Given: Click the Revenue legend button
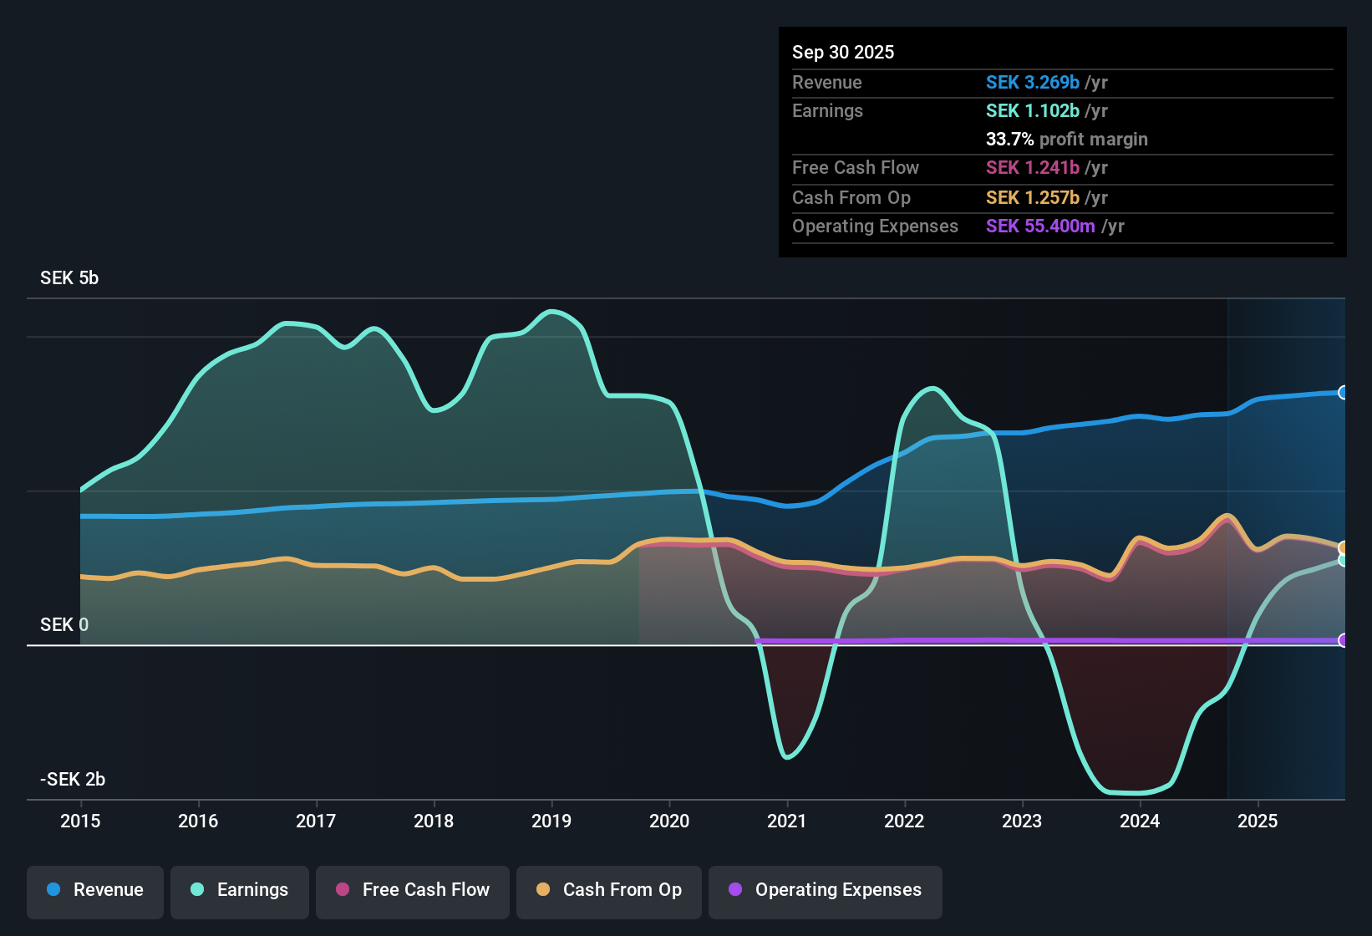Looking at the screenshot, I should click(x=95, y=890).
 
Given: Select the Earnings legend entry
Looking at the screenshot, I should click(x=240, y=890).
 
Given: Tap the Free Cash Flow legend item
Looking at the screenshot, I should click(x=413, y=890).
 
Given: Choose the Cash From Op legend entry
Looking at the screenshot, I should click(x=609, y=890).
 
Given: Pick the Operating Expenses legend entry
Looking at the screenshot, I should click(x=826, y=890).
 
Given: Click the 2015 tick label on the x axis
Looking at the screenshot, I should click(x=80, y=822).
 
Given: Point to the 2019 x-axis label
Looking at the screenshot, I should click(x=551, y=822).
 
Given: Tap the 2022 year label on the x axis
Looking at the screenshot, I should click(x=904, y=822).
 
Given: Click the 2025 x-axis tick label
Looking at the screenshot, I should click(x=1258, y=822).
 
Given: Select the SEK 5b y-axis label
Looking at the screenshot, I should click(x=69, y=278).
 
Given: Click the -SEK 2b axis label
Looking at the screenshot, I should click(x=73, y=780).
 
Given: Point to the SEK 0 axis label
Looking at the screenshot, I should click(x=64, y=625).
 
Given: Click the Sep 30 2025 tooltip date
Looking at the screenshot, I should click(x=843, y=53).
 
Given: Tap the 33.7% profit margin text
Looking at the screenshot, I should click(x=1066, y=140).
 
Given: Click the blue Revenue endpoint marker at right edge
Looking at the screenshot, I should click(x=1343, y=393).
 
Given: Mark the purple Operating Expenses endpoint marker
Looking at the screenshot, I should click(x=1343, y=640).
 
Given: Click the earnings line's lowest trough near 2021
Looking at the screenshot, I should click(x=787, y=757).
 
